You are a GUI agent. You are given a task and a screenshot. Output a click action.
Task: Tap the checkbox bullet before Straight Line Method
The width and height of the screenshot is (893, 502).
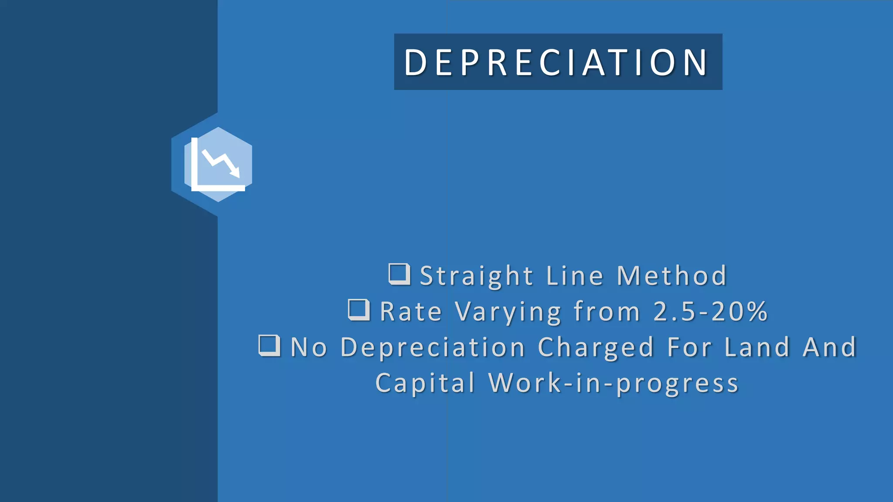point(399,274)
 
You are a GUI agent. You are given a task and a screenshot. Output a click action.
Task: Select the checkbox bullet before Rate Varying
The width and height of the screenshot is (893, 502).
point(359,310)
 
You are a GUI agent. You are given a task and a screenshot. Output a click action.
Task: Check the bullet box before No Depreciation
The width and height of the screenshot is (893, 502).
point(269,346)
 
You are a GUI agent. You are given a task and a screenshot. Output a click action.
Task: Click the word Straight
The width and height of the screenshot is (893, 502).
point(477,276)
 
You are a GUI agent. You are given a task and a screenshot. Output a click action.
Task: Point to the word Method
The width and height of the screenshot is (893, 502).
point(671,276)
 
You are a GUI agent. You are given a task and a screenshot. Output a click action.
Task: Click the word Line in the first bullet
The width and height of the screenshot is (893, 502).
point(575,276)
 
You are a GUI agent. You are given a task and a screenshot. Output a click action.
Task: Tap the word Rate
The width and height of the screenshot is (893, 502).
point(411,312)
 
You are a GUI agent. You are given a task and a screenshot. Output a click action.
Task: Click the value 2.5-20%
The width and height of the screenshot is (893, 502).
point(710,312)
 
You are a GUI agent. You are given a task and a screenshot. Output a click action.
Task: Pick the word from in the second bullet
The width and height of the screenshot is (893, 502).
point(607,312)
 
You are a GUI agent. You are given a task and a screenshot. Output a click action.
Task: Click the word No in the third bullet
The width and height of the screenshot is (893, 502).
point(309,348)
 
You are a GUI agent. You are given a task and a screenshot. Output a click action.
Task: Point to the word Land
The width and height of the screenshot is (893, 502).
point(757,348)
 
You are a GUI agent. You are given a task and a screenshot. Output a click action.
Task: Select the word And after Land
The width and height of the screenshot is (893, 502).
point(830,348)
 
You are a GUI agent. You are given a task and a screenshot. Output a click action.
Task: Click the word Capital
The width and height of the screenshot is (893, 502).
point(425,383)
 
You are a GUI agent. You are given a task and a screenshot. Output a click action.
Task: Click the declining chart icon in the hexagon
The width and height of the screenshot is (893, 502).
point(218,165)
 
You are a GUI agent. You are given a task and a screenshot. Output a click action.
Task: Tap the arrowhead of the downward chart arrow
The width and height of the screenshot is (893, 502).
point(236,173)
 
